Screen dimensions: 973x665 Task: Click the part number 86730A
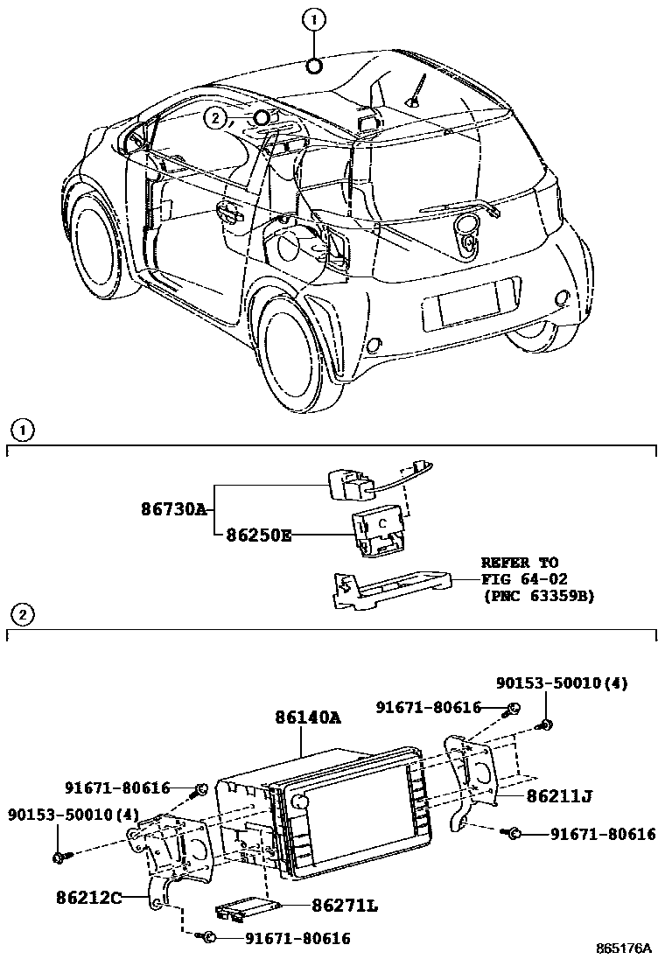[x=173, y=508]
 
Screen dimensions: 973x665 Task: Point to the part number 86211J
[x=561, y=796]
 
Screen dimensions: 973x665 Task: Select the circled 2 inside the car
[x=216, y=117]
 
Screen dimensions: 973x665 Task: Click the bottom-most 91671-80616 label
[x=297, y=938]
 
